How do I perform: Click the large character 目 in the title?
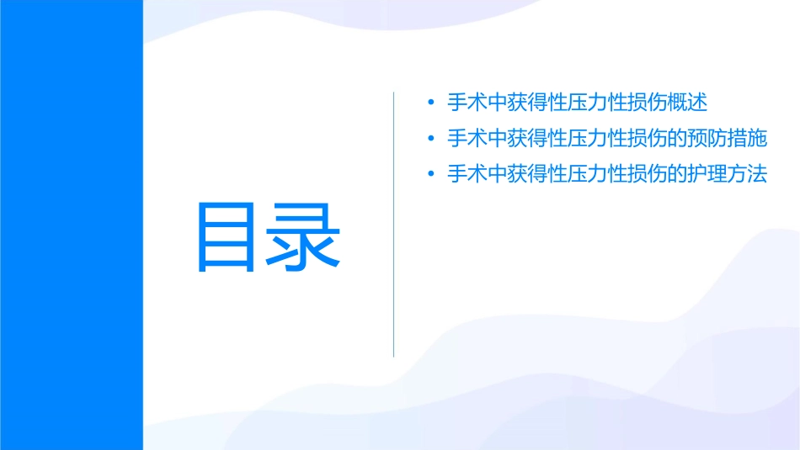[226, 237]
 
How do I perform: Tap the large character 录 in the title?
[304, 237]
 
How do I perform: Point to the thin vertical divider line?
[394, 225]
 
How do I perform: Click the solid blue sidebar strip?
[71, 225]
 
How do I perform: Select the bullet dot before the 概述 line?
[430, 103]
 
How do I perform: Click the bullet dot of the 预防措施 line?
[430, 139]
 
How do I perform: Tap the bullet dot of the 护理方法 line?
[430, 175]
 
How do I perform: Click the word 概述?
[688, 103]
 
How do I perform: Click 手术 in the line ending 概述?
[466, 103]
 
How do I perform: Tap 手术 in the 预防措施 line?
[466, 139]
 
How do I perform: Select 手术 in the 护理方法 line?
[466, 175]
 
